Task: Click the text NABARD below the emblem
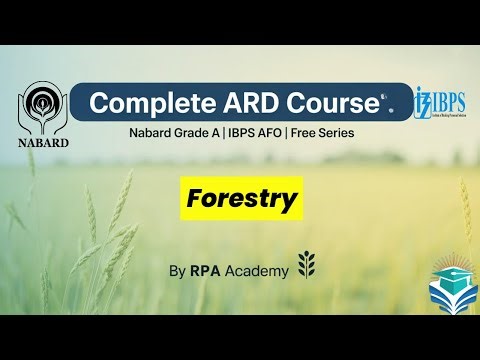click(44, 143)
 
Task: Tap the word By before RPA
click(177, 271)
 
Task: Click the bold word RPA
click(207, 271)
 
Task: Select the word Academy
click(258, 271)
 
